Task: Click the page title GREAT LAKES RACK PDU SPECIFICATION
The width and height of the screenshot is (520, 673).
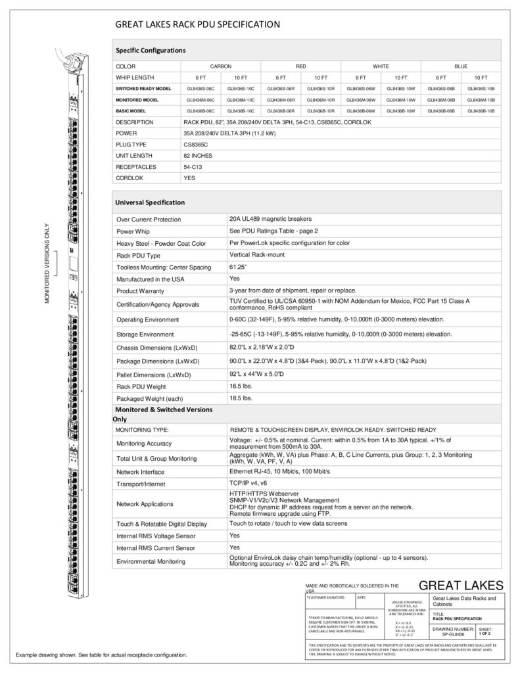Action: [198, 25]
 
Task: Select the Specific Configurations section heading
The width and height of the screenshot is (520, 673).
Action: [151, 50]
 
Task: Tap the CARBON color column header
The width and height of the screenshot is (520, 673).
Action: [220, 66]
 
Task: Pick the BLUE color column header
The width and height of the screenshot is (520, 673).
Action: [461, 66]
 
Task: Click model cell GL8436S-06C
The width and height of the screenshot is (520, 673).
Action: [201, 88]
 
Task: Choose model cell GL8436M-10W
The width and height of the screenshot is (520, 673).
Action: [400, 99]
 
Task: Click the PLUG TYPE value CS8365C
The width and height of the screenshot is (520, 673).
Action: [196, 144]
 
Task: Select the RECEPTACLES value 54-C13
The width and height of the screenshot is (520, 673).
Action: [192, 166]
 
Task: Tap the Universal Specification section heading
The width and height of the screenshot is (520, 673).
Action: [151, 202]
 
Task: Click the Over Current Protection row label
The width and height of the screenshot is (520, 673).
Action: [148, 220]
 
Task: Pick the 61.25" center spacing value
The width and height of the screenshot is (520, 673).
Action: [238, 267]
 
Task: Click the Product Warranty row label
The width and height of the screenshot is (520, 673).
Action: [143, 290]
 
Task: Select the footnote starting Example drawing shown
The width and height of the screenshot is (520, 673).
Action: [102, 655]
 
